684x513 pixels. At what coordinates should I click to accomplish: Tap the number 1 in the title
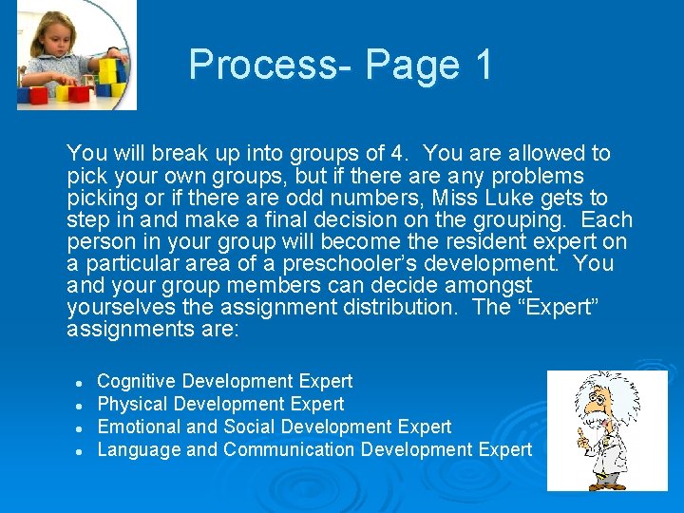click(x=483, y=65)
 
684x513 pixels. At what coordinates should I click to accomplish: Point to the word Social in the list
click(x=251, y=427)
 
